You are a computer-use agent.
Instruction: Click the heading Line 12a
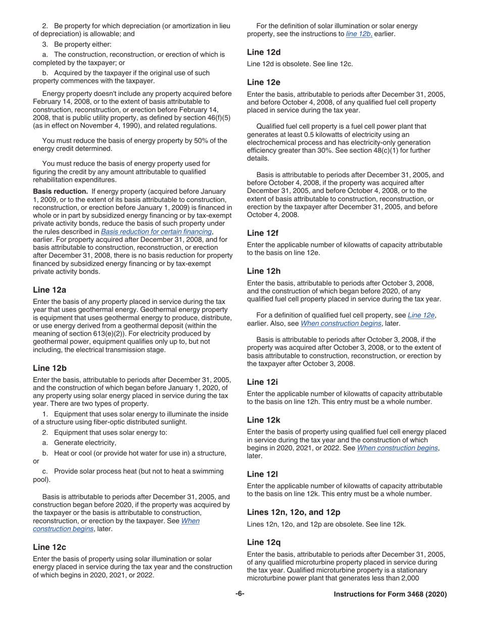point(50,290)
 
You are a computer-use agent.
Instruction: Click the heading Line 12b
point(50,368)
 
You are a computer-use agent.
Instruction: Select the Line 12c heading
point(50,547)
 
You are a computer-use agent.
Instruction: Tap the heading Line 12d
point(264,52)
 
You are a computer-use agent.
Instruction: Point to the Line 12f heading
point(263,233)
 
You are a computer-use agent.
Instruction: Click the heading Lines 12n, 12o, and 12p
point(294,512)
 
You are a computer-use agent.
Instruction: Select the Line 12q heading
point(264,542)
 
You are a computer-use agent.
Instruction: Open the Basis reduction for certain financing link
point(156,232)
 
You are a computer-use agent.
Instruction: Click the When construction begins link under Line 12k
point(397,448)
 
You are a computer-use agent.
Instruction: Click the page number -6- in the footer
point(240,594)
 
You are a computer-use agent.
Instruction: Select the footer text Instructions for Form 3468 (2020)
point(390,595)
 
